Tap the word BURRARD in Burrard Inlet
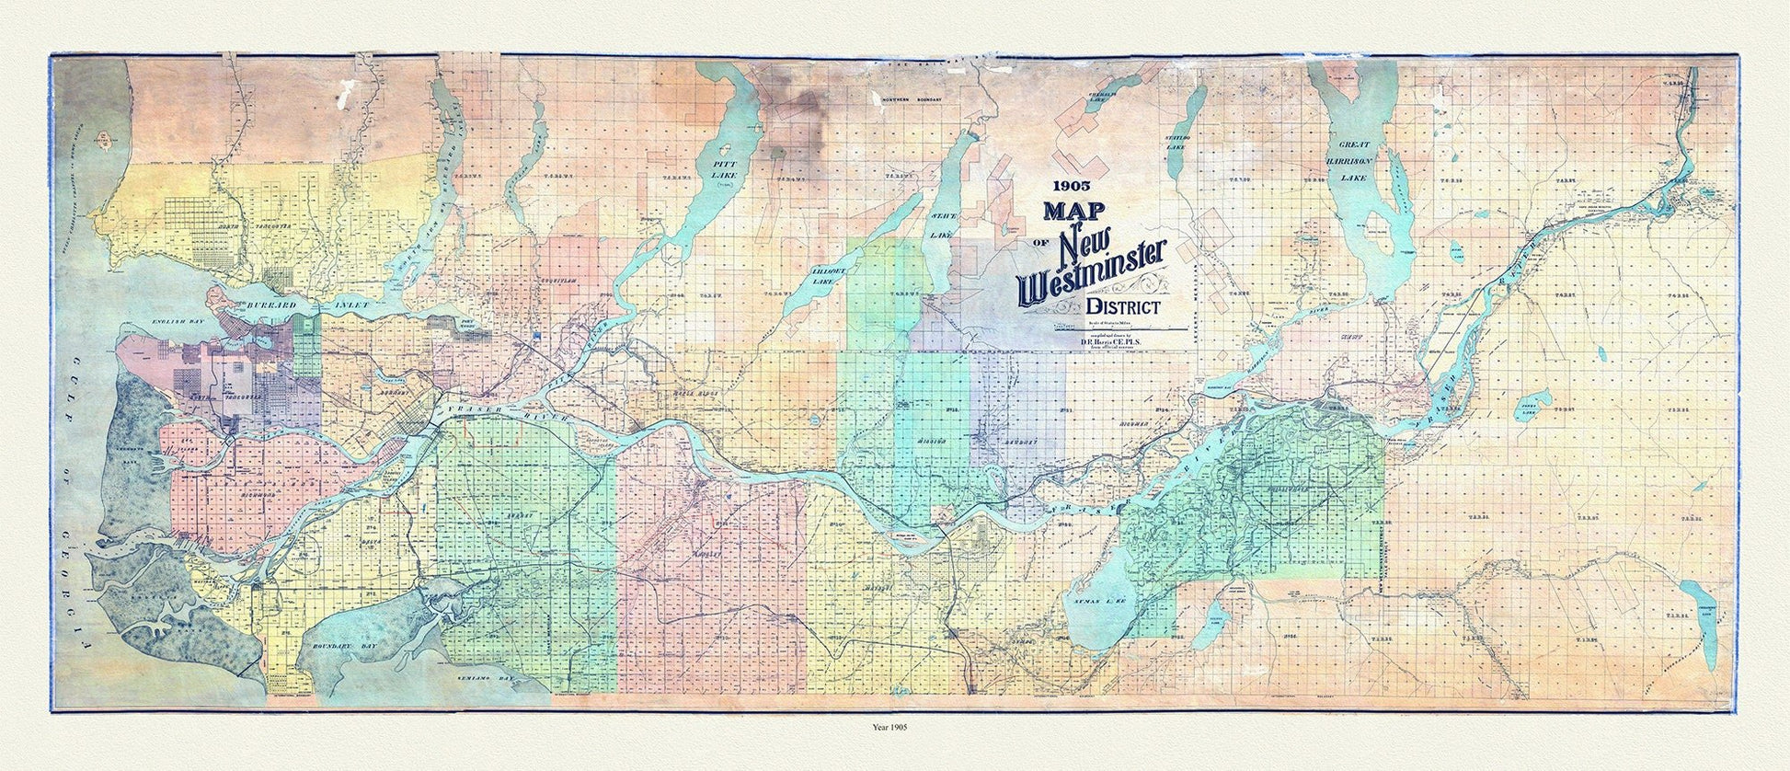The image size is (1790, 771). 257,303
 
